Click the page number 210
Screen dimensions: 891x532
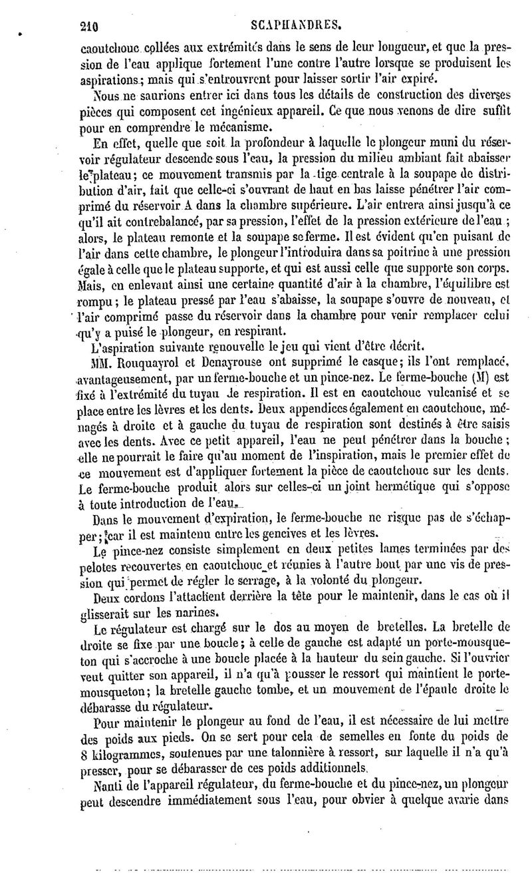pos(88,27)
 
